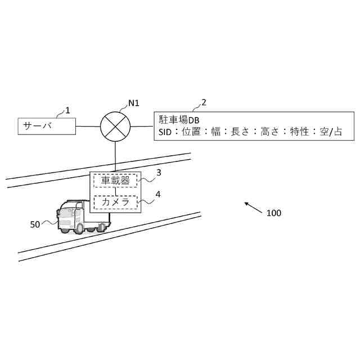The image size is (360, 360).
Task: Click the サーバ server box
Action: coord(47,127)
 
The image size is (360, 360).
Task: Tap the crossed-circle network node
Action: coord(115,127)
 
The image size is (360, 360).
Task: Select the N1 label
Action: coord(134,103)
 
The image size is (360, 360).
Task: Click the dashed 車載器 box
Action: coord(115,181)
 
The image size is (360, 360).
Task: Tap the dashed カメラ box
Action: coord(115,202)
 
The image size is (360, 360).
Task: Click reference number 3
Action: coord(159,173)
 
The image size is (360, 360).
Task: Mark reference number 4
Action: coord(158,194)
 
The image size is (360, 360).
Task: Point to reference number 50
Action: coord(35,224)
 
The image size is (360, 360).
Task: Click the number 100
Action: coord(273,213)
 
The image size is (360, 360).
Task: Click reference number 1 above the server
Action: coord(67,110)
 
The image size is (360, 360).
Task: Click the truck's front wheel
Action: coord(80,228)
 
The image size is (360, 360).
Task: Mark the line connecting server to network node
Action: coord(88,127)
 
